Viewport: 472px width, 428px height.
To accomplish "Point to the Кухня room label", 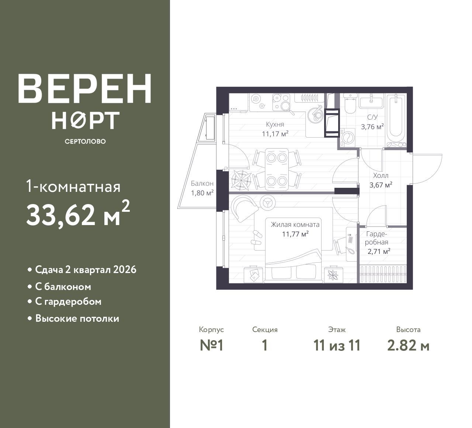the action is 275,124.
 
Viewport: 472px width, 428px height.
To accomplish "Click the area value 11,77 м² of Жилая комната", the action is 295,234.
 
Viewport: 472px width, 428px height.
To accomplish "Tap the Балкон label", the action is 202,183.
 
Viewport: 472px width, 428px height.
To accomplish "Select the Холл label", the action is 381,175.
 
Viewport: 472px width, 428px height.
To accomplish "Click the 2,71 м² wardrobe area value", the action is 379,251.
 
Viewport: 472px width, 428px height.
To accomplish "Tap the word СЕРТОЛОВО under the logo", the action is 85,141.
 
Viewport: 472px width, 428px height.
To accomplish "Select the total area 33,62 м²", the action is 78,214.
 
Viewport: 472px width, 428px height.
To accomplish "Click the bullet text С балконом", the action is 63,287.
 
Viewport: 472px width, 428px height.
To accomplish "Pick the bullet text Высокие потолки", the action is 77,318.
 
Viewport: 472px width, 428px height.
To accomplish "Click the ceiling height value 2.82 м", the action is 408,346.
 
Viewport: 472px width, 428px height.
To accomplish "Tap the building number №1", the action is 212,346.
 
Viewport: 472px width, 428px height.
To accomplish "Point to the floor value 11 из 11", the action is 337,346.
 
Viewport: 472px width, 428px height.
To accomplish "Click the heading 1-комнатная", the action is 73,187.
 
